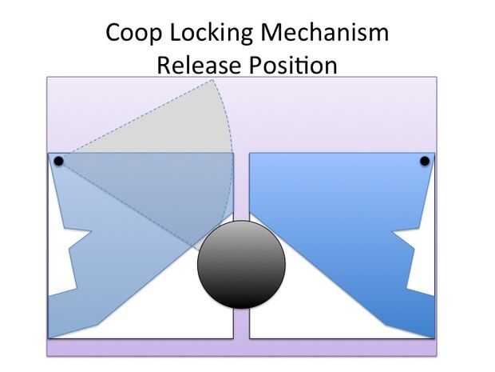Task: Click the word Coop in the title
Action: (x=132, y=33)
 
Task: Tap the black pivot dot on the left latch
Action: (x=58, y=162)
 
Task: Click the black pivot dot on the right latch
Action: (x=425, y=162)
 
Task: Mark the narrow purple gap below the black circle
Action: (x=241, y=324)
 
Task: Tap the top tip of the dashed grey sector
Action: (x=212, y=81)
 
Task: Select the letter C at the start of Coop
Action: (x=114, y=33)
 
